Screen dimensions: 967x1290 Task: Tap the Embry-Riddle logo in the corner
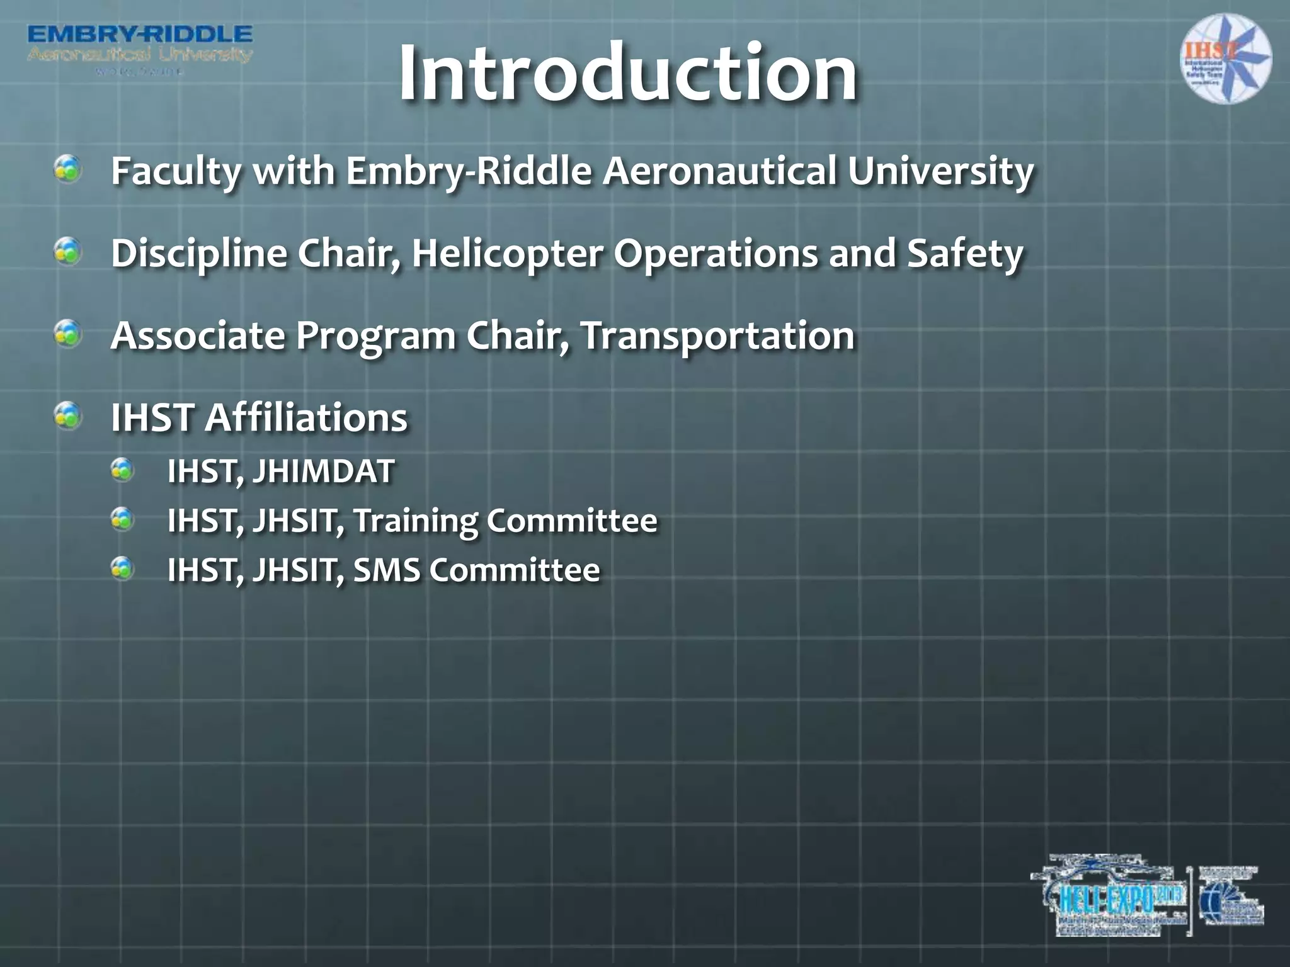[140, 48]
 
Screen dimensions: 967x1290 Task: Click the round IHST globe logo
[1225, 59]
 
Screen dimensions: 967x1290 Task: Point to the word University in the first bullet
[940, 171]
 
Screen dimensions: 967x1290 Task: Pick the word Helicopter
[507, 253]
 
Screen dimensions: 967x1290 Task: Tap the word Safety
[965, 253]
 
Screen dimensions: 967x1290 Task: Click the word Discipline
[198, 253]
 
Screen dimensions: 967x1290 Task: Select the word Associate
[197, 335]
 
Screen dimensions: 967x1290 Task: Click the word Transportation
[717, 335]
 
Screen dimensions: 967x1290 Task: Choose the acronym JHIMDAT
[323, 471]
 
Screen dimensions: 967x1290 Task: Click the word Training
[415, 521]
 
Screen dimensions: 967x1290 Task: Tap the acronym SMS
[386, 570]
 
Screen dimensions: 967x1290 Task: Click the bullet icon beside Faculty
[67, 169]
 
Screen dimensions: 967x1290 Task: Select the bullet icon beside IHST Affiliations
[67, 415]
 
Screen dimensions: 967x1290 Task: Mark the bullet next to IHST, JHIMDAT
[122, 470]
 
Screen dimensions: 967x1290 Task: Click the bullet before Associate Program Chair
[67, 333]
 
